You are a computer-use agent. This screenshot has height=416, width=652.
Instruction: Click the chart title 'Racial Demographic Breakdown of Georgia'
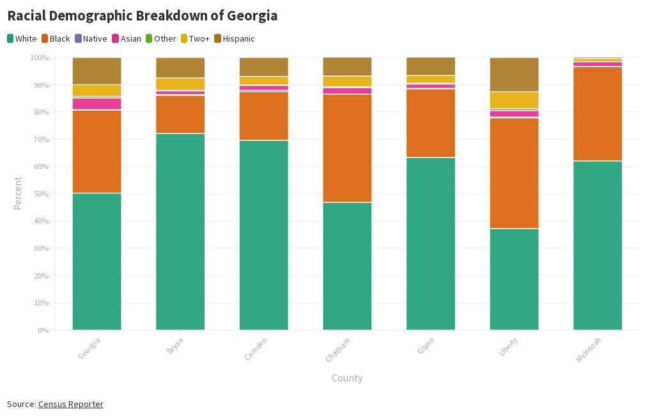[x=143, y=16]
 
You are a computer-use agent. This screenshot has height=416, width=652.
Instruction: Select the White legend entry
[x=22, y=39]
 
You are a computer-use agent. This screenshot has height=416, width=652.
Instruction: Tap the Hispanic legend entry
[x=234, y=39]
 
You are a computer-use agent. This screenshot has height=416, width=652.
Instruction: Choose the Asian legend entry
[x=127, y=39]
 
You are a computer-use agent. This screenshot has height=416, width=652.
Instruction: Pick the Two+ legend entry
[x=195, y=39]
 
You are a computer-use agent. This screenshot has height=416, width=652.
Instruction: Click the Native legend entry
[x=91, y=39]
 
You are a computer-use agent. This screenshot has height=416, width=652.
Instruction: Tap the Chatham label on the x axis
[x=338, y=349]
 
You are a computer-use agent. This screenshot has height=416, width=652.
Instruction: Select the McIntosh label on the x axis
[x=589, y=350]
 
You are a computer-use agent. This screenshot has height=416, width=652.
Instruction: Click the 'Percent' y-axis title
[x=18, y=193]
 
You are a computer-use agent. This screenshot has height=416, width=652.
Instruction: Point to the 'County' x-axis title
[x=347, y=378]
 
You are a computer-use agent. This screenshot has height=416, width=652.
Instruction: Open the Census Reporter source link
[x=70, y=404]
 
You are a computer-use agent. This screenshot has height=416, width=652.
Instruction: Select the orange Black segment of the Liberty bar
[x=514, y=173]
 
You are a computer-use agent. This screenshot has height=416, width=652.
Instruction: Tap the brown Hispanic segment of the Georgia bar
[x=97, y=70]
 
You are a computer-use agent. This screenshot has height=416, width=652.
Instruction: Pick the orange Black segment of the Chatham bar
[x=347, y=148]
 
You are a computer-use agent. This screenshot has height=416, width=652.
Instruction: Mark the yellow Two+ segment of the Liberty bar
[x=514, y=100]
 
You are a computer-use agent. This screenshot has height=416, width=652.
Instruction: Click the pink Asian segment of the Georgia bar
[x=97, y=104]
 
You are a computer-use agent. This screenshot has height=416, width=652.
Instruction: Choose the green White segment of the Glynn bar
[x=431, y=243]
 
